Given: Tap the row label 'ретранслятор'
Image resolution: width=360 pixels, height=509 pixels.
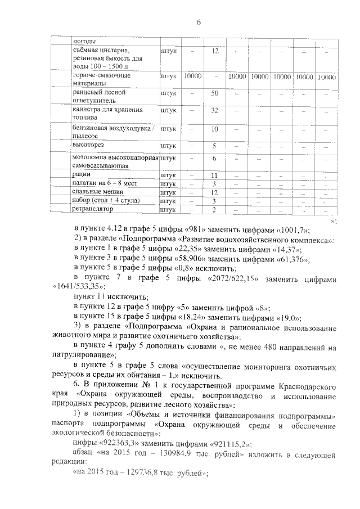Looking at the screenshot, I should click(92, 209).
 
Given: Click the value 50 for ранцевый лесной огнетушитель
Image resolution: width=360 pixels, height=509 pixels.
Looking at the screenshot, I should click(214, 93).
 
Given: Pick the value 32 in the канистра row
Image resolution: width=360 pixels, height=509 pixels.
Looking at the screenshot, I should click(214, 110).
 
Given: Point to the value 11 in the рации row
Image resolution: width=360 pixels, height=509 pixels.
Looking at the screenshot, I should click(214, 175).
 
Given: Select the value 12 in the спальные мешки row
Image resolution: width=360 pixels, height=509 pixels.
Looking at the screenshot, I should click(214, 192).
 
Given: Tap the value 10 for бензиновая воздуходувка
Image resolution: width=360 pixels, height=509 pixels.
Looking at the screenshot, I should click(214, 129).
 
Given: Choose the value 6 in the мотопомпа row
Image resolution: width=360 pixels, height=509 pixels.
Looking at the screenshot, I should click(214, 159).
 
